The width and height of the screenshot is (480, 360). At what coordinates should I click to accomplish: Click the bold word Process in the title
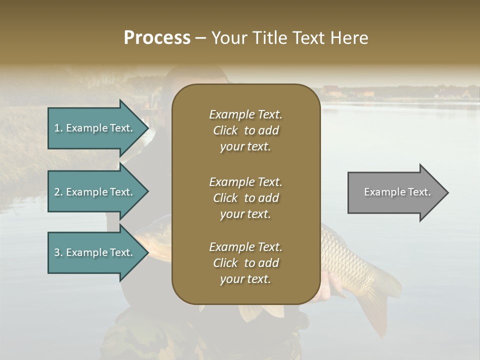tap(157, 38)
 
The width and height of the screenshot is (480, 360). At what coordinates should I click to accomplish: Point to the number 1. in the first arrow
tap(58, 128)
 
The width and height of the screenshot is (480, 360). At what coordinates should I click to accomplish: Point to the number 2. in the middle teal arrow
tap(58, 192)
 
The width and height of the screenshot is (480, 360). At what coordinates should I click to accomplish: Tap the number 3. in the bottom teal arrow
tap(58, 252)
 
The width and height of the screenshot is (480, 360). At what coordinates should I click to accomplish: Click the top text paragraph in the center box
tap(245, 130)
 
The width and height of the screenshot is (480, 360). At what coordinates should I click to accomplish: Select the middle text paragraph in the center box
tap(245, 198)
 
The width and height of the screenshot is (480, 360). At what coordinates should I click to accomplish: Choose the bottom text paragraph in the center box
tap(245, 263)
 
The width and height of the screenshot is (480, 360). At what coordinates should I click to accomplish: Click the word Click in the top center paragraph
tap(225, 130)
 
